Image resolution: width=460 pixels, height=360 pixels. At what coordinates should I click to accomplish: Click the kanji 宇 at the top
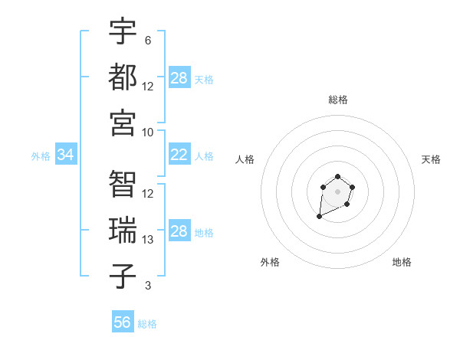(x=123, y=31)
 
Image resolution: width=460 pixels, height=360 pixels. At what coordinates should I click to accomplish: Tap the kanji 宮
(x=123, y=123)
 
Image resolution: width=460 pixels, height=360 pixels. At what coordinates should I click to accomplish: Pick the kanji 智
(x=123, y=185)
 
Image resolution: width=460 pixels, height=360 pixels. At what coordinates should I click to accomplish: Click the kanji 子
(x=123, y=277)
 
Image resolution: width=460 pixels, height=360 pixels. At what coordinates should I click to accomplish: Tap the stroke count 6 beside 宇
(x=148, y=40)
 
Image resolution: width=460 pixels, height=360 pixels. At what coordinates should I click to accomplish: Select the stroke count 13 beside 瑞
(x=148, y=240)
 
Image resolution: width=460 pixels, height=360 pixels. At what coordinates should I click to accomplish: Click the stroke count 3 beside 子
(x=148, y=286)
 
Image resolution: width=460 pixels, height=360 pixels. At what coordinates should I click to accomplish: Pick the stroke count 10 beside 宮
(x=148, y=132)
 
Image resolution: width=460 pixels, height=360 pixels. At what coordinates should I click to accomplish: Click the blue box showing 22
(x=179, y=155)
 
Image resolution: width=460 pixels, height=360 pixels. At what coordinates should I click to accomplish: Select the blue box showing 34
(x=66, y=155)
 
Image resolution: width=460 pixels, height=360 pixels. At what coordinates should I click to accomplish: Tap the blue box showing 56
(x=123, y=322)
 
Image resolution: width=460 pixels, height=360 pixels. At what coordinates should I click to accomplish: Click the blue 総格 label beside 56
(x=147, y=324)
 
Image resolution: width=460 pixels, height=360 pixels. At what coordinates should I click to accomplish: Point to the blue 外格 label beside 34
(x=41, y=156)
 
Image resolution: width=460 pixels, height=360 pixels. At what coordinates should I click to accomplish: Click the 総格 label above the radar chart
(x=337, y=100)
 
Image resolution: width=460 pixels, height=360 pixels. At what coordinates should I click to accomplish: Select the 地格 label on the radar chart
(x=402, y=262)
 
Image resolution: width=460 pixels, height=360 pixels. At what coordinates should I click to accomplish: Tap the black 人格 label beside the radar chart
(x=245, y=159)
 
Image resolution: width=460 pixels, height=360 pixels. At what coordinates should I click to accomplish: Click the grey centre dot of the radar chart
(x=337, y=191)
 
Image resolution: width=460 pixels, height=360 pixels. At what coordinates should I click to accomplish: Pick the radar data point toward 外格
(x=319, y=217)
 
